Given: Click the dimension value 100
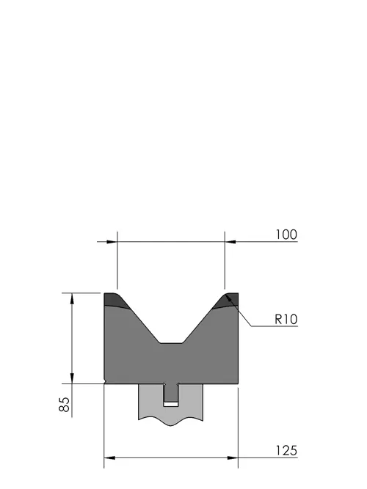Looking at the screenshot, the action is (286, 235).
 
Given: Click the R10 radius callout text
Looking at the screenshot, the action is (286, 320).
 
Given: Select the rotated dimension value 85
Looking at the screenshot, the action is (65, 405).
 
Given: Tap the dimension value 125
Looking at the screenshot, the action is (286, 451).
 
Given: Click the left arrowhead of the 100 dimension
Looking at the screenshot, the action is (112, 242).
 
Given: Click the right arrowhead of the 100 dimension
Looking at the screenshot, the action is (230, 242).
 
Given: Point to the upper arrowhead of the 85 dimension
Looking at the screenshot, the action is (72, 298).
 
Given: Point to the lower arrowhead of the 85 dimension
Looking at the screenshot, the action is (72, 378).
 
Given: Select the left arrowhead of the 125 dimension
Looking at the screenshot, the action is (109, 457).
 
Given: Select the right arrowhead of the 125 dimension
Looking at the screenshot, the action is (233, 457).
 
